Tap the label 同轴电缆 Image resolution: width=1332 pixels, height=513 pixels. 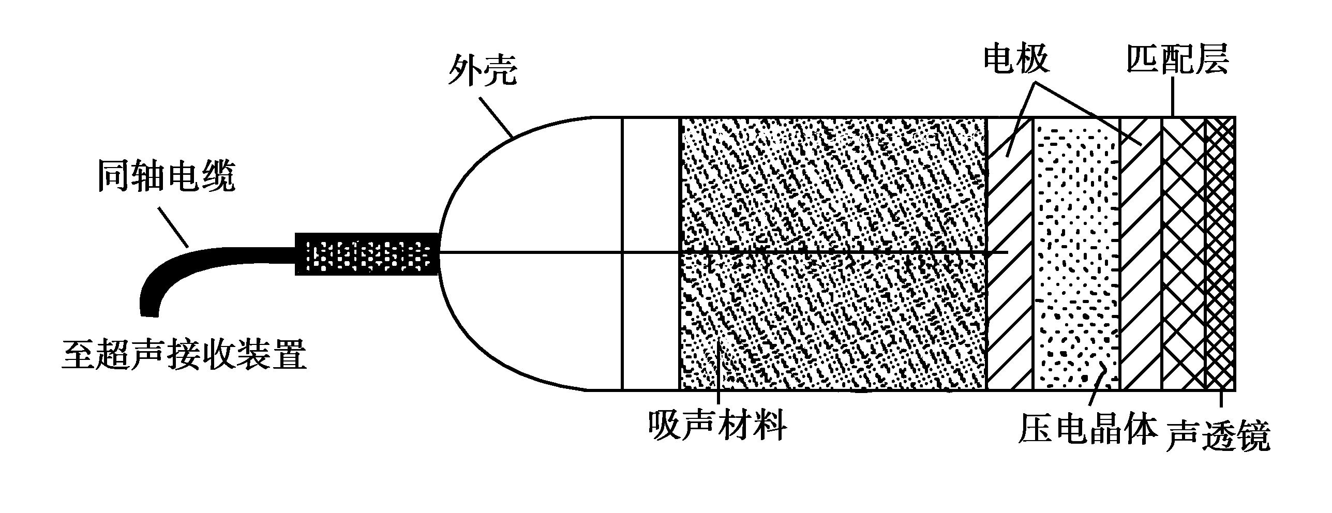coord(167,176)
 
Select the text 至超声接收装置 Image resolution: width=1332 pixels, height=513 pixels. coord(184,354)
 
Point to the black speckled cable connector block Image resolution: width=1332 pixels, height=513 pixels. coord(367,253)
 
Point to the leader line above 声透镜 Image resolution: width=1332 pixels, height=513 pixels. coord(1221,399)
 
